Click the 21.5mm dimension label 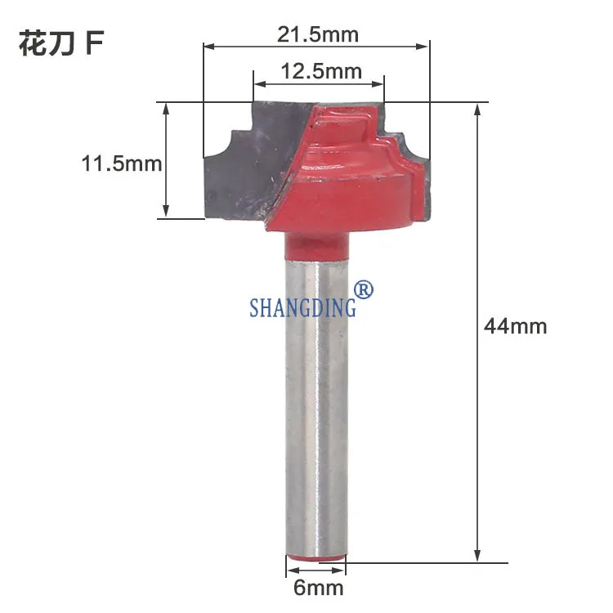tap(318, 34)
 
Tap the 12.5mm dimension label tap(321, 71)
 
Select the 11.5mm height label tap(122, 163)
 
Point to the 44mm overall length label tap(515, 326)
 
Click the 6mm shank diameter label tap(319, 588)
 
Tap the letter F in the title tap(94, 43)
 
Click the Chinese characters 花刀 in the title tap(47, 43)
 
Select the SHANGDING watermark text tap(303, 306)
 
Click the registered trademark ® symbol tap(363, 289)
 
